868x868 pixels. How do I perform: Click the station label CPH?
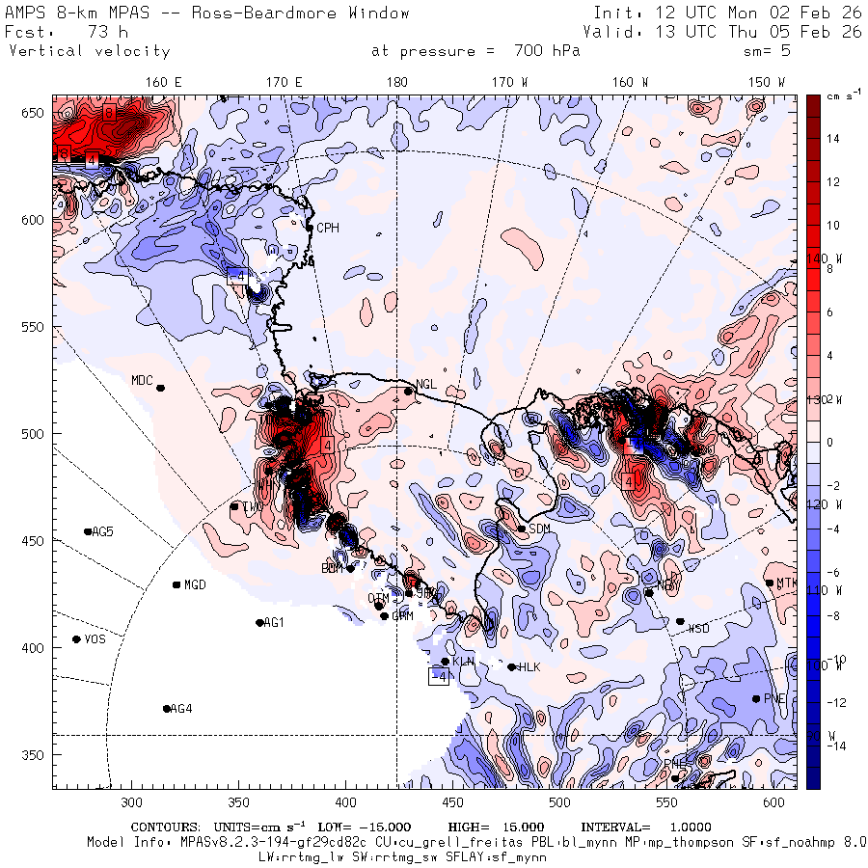[x=328, y=229]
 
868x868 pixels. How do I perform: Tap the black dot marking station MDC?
[x=161, y=388]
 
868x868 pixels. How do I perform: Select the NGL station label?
[x=426, y=384]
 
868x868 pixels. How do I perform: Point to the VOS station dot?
[x=76, y=639]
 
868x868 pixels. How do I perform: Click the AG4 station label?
[x=181, y=709]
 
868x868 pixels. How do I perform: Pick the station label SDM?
[x=540, y=529]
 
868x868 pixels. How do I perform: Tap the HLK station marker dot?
[x=511, y=666]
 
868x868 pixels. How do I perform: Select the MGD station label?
[x=195, y=584]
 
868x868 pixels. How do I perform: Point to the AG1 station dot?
[x=259, y=623]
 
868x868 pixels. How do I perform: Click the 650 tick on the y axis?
[x=34, y=114]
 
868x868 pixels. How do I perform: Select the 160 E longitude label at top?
[x=164, y=82]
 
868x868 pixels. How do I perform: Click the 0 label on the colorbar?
[x=827, y=442]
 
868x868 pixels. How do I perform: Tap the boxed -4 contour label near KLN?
[x=439, y=677]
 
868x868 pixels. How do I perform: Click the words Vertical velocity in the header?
[x=90, y=51]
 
